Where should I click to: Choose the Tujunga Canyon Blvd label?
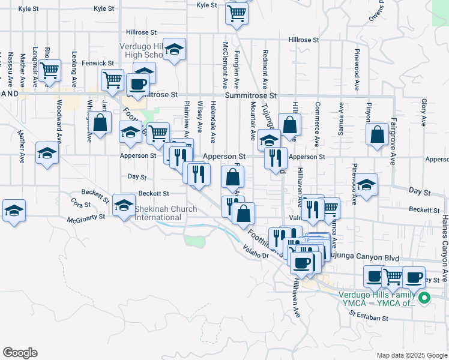[x=364, y=257]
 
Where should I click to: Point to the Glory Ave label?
[x=424, y=112]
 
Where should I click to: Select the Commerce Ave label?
[x=316, y=124]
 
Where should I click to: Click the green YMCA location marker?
[x=424, y=297]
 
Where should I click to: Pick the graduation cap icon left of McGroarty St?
[x=14, y=211]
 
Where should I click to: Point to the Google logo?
[x=20, y=353]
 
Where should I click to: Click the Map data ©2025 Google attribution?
[x=411, y=355]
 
